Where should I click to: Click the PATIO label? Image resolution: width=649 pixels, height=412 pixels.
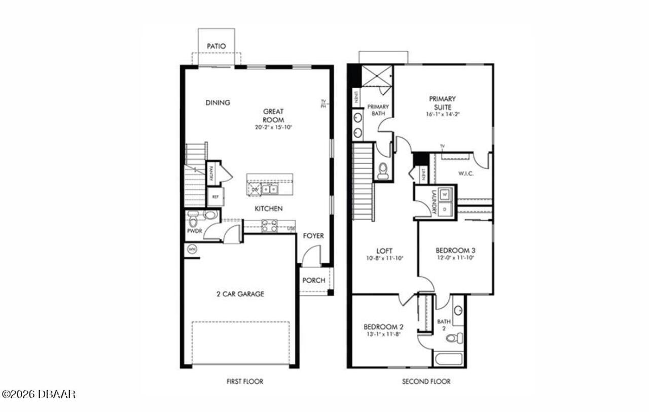point(216,46)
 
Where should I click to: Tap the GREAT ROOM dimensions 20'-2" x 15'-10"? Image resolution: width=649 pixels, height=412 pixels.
point(273,127)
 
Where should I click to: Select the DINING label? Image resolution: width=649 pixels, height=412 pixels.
point(218,102)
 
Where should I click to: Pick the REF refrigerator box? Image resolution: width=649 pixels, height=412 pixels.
point(215,197)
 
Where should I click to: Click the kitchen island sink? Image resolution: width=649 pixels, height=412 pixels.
point(270,190)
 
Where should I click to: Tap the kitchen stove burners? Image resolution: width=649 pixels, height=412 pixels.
point(270,225)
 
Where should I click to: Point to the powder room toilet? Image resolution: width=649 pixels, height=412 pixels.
point(193,220)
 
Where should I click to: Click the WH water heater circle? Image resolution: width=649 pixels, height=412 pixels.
point(192,249)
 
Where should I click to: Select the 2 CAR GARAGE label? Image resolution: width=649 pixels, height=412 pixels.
point(240,294)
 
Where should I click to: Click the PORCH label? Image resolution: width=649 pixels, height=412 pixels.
point(313,281)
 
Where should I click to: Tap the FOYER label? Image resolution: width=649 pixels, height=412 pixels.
point(313,236)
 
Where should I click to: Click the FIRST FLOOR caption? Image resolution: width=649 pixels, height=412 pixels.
point(244,381)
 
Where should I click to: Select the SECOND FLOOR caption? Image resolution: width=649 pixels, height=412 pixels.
point(426,381)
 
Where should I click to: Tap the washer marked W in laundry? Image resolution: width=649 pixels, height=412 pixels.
point(445,194)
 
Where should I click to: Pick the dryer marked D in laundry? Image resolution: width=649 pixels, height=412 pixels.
point(445,209)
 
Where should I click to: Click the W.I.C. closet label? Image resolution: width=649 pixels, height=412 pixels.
point(465,174)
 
